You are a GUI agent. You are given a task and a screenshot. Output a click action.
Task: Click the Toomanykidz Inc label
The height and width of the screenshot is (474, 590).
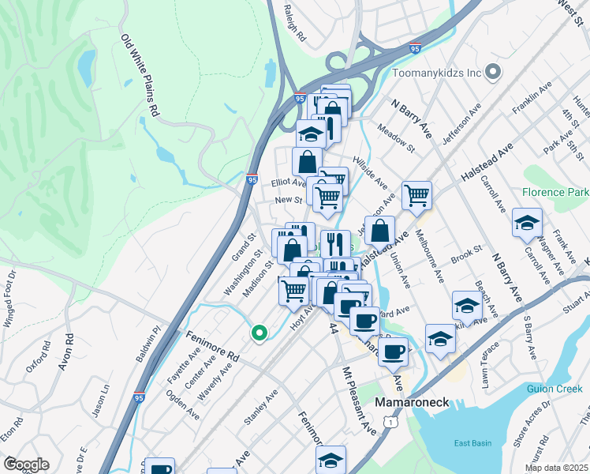[x=436, y=73]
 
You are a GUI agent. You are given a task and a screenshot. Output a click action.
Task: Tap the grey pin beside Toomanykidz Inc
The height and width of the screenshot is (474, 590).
[x=494, y=73]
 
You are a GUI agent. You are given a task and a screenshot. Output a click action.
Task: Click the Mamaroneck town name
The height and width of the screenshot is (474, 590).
[x=411, y=402]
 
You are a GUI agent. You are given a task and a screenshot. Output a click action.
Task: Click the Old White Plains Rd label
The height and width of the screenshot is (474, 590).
[x=140, y=76]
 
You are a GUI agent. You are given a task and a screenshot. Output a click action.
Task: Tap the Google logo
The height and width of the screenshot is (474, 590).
[x=25, y=465]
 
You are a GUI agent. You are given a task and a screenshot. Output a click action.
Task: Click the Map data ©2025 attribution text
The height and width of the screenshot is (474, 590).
[x=557, y=468]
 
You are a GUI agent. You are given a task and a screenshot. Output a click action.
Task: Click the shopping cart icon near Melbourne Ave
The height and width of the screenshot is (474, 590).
[x=416, y=194]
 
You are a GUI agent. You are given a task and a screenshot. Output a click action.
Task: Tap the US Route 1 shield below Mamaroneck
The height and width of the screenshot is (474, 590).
[x=390, y=424]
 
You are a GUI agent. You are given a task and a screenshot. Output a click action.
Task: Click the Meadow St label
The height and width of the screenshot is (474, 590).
[x=395, y=136]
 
